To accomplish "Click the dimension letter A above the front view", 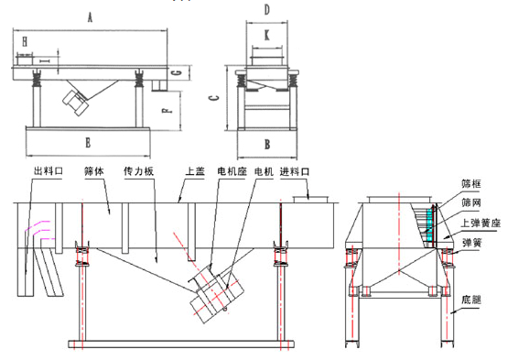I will [90, 16].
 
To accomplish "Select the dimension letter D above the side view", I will [266, 10].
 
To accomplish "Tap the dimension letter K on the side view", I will [265, 35].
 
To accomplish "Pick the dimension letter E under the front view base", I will [87, 143].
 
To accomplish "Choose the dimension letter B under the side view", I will [266, 144].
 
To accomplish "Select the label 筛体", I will [95, 172].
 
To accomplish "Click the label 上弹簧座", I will [482, 222].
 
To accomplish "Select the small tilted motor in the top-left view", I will [73, 100].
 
